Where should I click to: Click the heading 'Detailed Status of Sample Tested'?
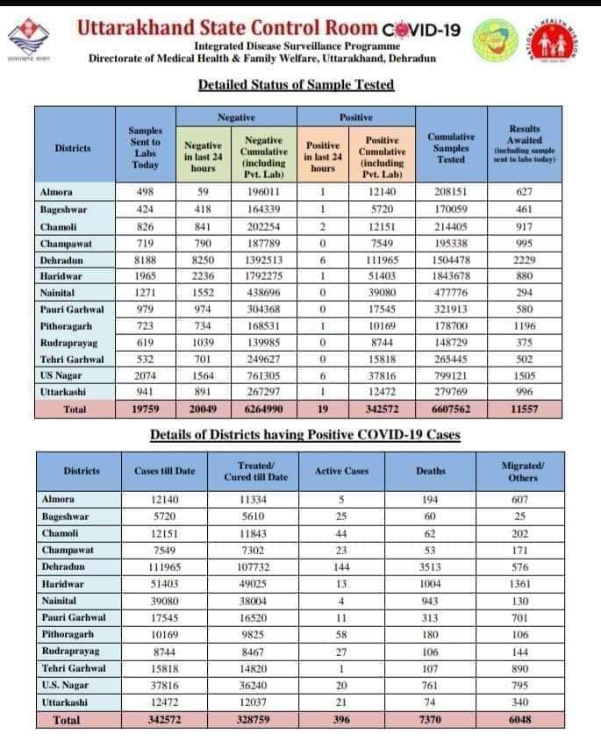coord(296,85)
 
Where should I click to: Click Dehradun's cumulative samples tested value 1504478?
coord(451,260)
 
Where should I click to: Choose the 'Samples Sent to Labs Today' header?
coord(145,147)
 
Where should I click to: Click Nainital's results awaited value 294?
coord(525,293)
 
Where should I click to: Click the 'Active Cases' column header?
coord(341,471)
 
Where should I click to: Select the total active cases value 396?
coord(341,720)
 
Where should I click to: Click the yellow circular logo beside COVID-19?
coord(496,39)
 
